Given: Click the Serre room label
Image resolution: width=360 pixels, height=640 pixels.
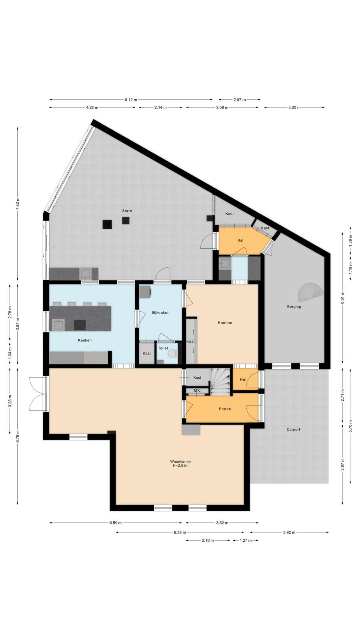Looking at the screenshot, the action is coord(127,211).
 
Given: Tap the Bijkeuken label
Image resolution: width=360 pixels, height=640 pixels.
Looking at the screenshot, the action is coord(160,312).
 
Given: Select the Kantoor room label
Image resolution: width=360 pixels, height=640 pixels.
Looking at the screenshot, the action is coord(225,322).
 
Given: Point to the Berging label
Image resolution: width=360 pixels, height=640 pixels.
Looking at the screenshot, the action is coord(294,307).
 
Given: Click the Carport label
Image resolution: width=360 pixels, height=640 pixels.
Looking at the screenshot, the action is coord(294,430).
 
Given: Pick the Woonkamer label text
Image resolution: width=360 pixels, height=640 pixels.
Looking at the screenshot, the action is coord(180,462).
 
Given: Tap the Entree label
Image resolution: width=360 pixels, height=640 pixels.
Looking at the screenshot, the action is coord(225,409).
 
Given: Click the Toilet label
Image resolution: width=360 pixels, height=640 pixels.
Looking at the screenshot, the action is coord(163,348).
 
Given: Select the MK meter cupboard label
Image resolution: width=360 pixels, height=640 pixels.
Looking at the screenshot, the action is coord(197,390).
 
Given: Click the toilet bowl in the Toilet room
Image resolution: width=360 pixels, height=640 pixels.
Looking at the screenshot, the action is coord(172,354).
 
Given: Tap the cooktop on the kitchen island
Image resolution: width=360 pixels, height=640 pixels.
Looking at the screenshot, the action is coord(80,325).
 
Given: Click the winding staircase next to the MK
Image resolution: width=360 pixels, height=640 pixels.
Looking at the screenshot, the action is coord(220,382).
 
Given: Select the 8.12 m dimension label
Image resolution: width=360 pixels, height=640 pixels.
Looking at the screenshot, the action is coord(131,100).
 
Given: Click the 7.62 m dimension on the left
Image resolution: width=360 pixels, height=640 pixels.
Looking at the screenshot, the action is coord(18,204).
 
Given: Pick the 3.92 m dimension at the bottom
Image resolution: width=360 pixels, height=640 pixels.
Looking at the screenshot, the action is coord(289,532).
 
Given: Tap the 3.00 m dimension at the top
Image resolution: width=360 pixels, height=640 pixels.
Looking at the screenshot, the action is coord(294,108).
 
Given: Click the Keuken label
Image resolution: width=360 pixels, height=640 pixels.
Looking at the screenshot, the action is coord(84,340).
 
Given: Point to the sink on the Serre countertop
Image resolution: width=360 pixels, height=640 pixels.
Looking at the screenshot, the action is coord(85,274).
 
